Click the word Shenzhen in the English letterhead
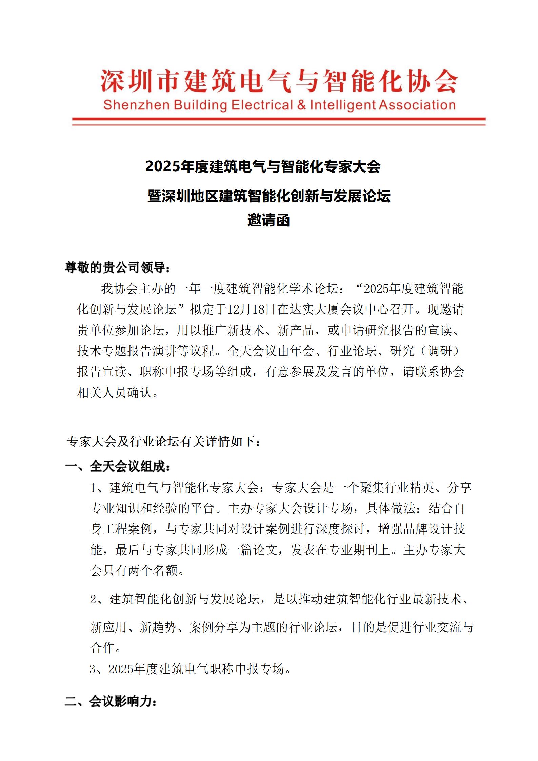pos(136,105)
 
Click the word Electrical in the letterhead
pos(262,105)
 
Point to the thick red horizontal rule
pos(279,119)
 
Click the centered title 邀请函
pos(268,221)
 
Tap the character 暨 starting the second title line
pos(155,196)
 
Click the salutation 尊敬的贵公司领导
pos(118,268)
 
